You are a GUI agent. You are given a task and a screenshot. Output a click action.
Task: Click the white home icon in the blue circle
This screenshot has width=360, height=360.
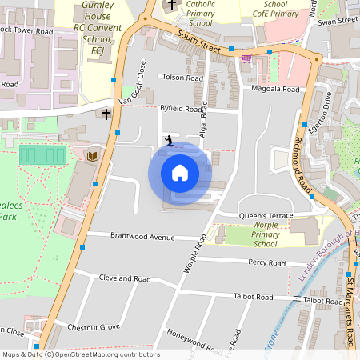(x=180, y=172)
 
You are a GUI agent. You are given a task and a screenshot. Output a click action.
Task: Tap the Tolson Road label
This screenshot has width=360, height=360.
(x=182, y=78)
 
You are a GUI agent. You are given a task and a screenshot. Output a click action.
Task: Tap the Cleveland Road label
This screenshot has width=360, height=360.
(x=125, y=279)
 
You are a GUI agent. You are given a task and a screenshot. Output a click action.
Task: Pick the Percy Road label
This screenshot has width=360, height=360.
(x=266, y=262)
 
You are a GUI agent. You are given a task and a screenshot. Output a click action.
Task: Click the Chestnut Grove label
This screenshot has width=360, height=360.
(x=94, y=326)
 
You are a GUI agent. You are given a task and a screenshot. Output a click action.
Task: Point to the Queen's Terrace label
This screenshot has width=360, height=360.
(x=266, y=216)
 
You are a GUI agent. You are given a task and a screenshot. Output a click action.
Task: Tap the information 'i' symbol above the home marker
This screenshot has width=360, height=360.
(x=168, y=141)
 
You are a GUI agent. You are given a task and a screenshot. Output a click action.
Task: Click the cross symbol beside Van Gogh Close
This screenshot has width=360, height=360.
(x=106, y=114)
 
